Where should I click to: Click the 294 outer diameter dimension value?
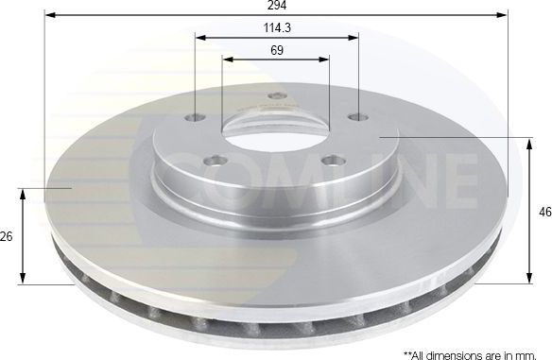pyautogui.click(x=277, y=6)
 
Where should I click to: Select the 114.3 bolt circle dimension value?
pyautogui.click(x=277, y=27)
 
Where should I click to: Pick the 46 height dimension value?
pyautogui.click(x=543, y=213)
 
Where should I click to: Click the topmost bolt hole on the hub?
pyautogui.click(x=276, y=95)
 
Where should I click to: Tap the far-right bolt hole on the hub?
pyautogui.click(x=358, y=117)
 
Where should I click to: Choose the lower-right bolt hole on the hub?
pyautogui.click(x=328, y=160)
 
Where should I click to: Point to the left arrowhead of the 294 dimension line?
pyautogui.click(x=49, y=16)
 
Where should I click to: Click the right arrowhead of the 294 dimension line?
pyautogui.click(x=505, y=16)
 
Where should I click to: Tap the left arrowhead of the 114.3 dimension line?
pyautogui.click(x=199, y=38)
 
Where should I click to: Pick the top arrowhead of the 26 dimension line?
pyautogui.click(x=23, y=192)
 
